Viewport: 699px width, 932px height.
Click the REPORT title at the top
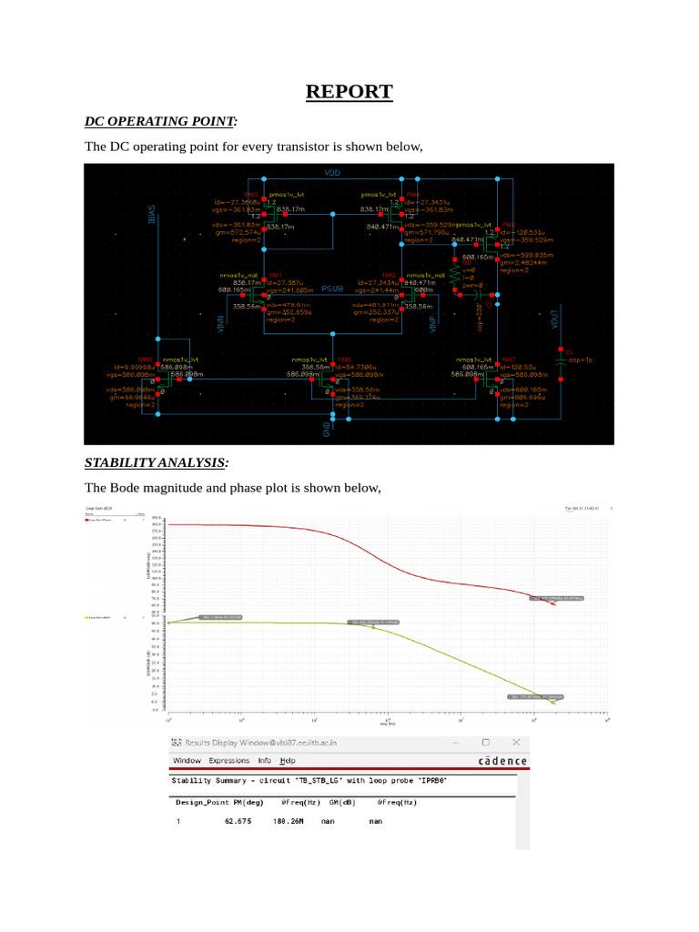[x=349, y=92]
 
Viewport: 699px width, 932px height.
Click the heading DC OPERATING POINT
[x=159, y=121]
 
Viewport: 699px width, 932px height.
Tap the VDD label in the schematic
[x=332, y=172]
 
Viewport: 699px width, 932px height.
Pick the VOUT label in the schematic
[x=554, y=319]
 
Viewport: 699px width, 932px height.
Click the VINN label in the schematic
[x=220, y=325]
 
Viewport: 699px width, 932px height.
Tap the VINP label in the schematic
[x=431, y=325]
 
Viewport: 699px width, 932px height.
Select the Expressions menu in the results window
[x=228, y=761]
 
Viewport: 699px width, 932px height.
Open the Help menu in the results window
[x=288, y=761]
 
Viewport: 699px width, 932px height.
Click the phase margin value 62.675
[x=237, y=821]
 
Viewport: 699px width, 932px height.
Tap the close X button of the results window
[x=516, y=743]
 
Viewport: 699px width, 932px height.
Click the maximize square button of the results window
[x=485, y=743]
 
